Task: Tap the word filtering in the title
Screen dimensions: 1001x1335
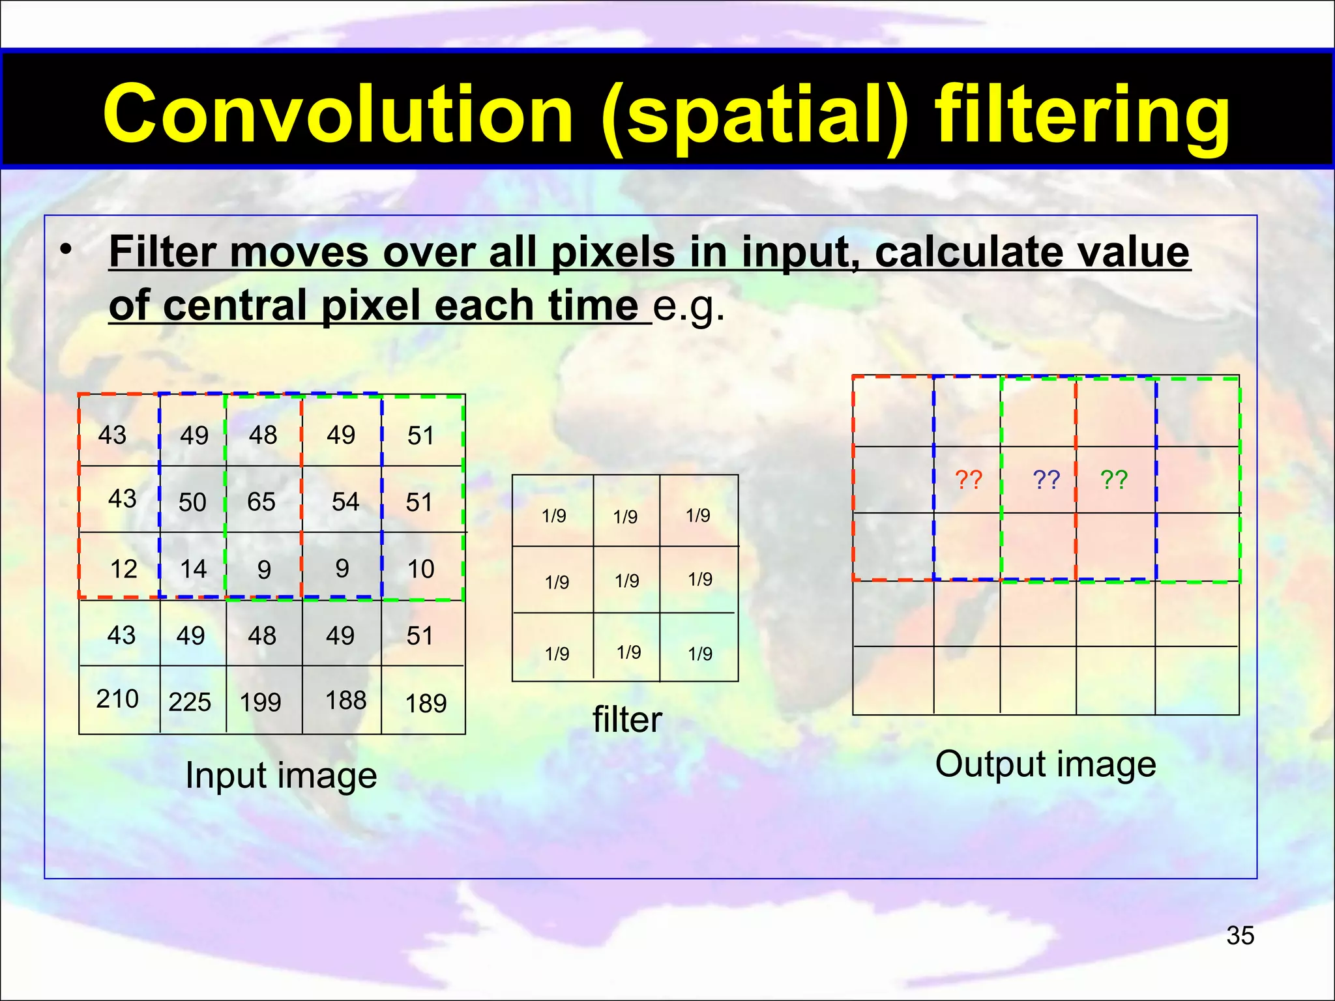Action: [1082, 116]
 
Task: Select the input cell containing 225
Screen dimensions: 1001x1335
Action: [190, 702]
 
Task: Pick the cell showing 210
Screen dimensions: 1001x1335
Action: [117, 699]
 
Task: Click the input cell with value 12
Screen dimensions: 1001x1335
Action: [123, 569]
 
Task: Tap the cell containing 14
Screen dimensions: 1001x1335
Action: [193, 569]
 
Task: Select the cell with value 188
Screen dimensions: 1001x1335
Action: [345, 701]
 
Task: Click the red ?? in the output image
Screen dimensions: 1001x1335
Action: [969, 480]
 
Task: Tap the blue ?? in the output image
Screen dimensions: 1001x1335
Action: [1046, 480]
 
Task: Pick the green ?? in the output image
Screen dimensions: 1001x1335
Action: [1114, 480]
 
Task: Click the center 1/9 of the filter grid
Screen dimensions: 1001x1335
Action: [626, 580]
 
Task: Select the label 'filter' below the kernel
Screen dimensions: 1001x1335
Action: [626, 720]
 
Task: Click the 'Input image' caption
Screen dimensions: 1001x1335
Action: [281, 776]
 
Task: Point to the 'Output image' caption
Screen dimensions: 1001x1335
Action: [1046, 764]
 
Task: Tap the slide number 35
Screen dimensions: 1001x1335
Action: [1240, 935]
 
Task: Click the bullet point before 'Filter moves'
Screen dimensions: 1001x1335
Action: [65, 250]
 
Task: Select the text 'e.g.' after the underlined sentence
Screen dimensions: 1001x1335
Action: [688, 305]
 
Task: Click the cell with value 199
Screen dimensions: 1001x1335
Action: [260, 702]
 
